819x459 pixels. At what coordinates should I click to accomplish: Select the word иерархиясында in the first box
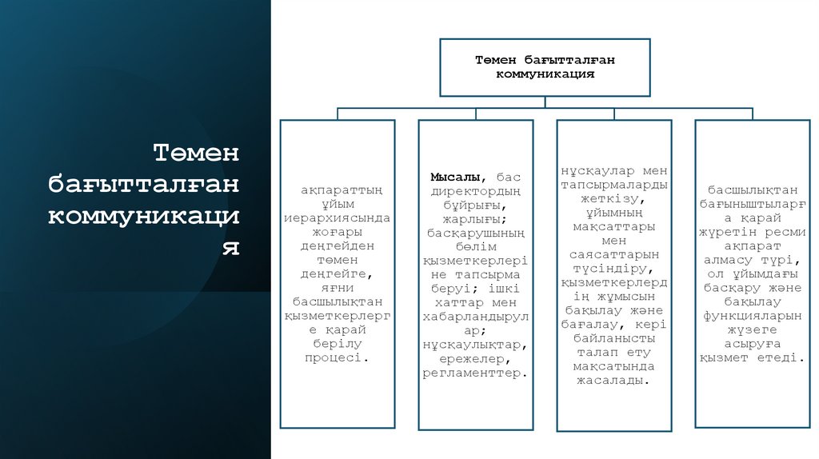click(338, 218)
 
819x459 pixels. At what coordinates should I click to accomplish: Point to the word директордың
click(476, 190)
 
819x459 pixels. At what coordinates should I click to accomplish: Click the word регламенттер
click(475, 373)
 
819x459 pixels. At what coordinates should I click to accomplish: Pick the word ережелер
click(475, 359)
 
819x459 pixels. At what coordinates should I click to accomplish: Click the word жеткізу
click(613, 198)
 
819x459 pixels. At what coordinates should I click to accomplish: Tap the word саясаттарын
click(613, 254)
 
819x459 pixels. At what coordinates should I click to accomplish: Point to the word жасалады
click(613, 381)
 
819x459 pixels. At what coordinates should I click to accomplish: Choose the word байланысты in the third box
click(613, 338)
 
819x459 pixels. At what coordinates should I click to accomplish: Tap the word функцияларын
click(752, 315)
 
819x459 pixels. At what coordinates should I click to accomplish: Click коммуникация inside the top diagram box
click(545, 74)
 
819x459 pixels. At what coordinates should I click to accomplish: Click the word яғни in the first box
click(338, 288)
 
